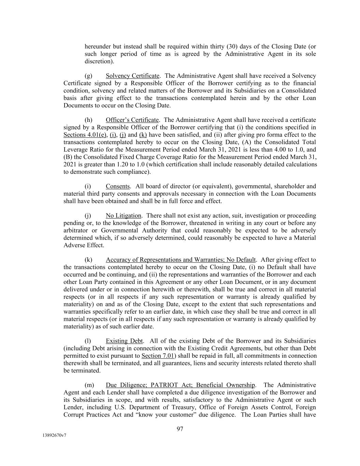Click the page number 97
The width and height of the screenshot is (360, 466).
tap(180, 429)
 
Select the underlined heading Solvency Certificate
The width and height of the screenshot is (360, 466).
tap(132, 76)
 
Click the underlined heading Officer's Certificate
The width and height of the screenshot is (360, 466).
tap(132, 120)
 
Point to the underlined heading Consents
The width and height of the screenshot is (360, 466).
tap(118, 186)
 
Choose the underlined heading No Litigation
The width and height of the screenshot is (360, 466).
tap(123, 216)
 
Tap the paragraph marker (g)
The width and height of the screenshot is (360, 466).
tap(88, 76)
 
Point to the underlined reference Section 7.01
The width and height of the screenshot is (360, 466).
tap(158, 356)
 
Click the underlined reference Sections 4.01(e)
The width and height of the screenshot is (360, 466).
tap(85, 135)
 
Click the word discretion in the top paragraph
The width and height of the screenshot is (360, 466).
tap(99, 61)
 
